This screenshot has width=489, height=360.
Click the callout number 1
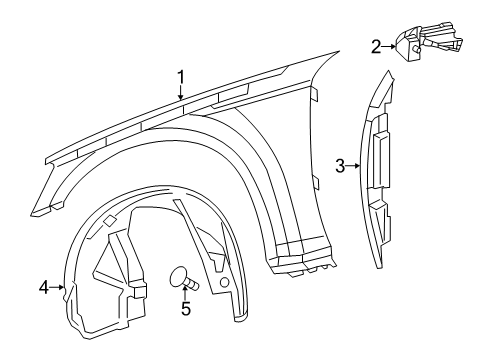pyautogui.click(x=181, y=76)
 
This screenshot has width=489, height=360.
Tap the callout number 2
pyautogui.click(x=376, y=45)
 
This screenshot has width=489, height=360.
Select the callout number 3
pyautogui.click(x=341, y=166)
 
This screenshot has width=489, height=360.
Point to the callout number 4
pyautogui.click(x=44, y=288)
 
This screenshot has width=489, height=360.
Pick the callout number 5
pyautogui.click(x=185, y=310)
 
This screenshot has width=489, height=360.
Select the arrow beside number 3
pyautogui.click(x=354, y=166)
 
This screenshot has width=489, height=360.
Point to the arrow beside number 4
pyautogui.click(x=58, y=288)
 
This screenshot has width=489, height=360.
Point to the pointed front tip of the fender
pyautogui.click(x=36, y=213)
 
